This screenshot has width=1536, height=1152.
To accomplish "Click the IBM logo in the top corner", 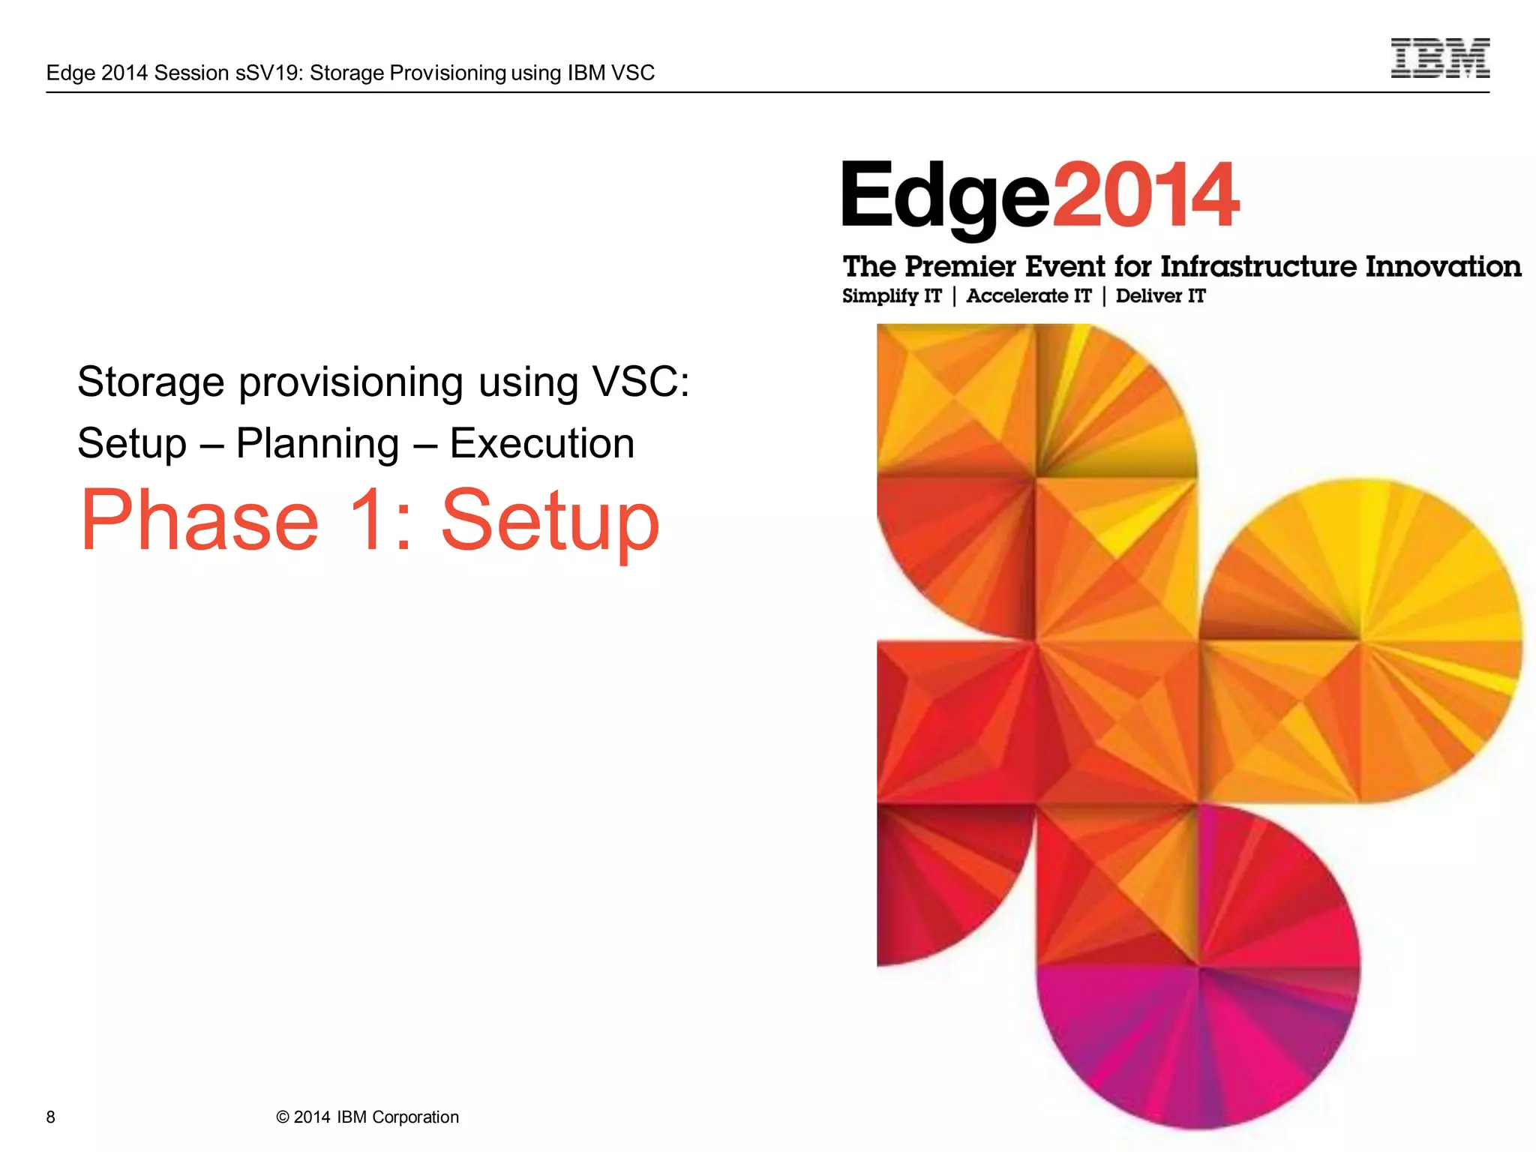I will point(1439,58).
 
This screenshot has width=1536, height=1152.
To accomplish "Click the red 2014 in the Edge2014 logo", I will point(1145,196).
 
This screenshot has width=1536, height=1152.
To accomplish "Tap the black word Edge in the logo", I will point(945,197).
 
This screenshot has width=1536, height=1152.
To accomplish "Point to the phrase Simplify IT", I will point(891,296).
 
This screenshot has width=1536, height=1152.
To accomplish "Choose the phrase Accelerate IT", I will point(1028,296).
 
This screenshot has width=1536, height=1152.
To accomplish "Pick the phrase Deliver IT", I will point(1160,296).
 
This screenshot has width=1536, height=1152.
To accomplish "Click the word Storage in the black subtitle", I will point(151,382).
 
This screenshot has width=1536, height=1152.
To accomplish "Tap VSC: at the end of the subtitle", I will point(640,382).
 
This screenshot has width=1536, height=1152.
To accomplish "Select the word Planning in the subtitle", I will point(317,444).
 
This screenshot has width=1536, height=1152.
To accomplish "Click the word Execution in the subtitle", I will point(541,444).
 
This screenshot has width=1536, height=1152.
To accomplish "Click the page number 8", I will point(50,1117).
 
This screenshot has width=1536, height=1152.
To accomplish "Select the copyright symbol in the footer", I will point(283,1117).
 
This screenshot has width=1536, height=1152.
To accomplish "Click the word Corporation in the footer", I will point(415,1117).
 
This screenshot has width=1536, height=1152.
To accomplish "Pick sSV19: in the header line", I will point(269,73).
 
